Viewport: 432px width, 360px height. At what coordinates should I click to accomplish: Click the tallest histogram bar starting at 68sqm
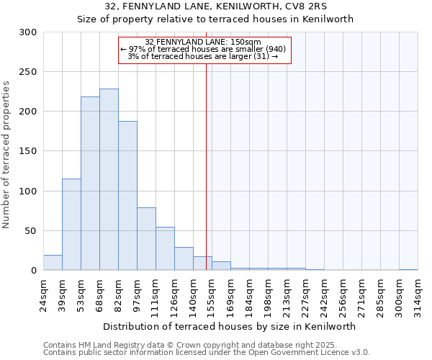pos(109,180)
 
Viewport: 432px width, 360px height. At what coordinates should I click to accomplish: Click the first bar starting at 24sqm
pos(53,263)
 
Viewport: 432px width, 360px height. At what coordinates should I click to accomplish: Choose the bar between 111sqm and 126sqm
pos(165,249)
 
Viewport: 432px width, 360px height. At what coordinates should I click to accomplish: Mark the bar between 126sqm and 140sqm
pos(184,258)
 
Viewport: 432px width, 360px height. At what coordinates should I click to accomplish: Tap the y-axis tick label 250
pos(28,72)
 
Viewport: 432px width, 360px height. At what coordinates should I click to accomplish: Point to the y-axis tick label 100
pos(28,192)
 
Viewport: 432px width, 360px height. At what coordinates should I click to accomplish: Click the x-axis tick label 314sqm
pos(418,294)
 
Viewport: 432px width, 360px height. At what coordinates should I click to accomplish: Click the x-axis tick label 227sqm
pos(305,294)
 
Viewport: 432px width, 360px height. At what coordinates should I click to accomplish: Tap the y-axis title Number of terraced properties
pos(7,155)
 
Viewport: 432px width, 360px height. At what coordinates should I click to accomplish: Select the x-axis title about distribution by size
pos(230,326)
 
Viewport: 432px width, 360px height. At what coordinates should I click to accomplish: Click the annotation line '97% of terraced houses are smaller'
pos(208,49)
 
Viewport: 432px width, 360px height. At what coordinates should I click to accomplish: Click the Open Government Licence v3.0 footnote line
pos(207,353)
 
